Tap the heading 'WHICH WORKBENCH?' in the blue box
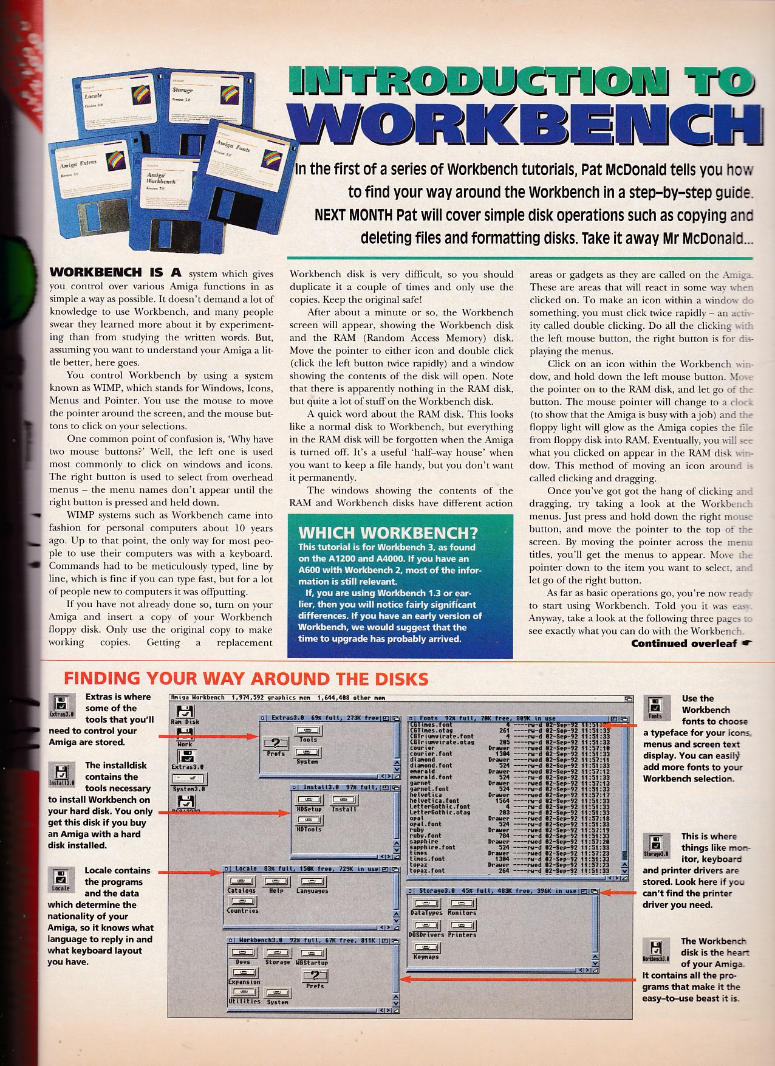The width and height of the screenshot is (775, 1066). pyautogui.click(x=388, y=533)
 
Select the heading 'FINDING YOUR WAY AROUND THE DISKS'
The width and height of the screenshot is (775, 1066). pyautogui.click(x=246, y=678)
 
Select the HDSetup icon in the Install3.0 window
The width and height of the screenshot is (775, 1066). pyautogui.click(x=309, y=801)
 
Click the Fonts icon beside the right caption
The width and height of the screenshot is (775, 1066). pyautogui.click(x=655, y=706)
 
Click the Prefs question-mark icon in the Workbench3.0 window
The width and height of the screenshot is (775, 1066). pyautogui.click(x=315, y=977)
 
